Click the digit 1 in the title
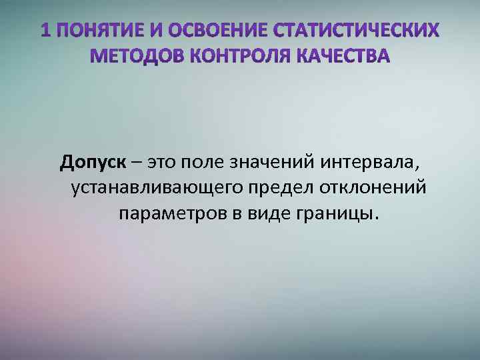click(x=44, y=30)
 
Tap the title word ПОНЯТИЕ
click(x=93, y=30)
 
